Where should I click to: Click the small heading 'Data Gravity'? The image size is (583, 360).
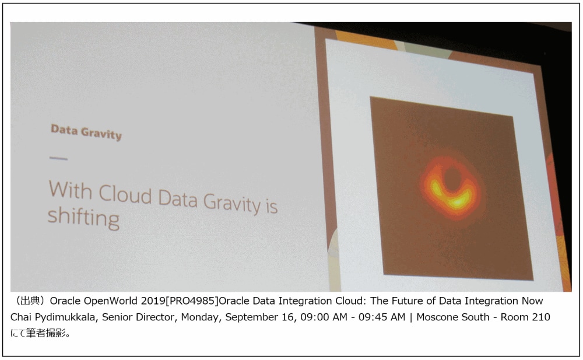tap(86, 132)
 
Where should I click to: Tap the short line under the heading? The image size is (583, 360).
tap(58, 158)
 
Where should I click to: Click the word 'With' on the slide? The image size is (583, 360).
tap(71, 190)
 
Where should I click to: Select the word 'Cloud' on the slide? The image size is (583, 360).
tap(125, 194)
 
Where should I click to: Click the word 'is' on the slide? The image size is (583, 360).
tap(272, 206)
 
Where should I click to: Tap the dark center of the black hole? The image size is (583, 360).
tap(452, 179)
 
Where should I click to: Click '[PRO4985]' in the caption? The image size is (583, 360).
tap(192, 301)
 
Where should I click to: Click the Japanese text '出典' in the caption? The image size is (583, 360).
tap(29, 301)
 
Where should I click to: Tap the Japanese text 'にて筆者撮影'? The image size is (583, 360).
tap(38, 333)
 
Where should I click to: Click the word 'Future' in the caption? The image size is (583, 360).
tap(410, 301)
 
